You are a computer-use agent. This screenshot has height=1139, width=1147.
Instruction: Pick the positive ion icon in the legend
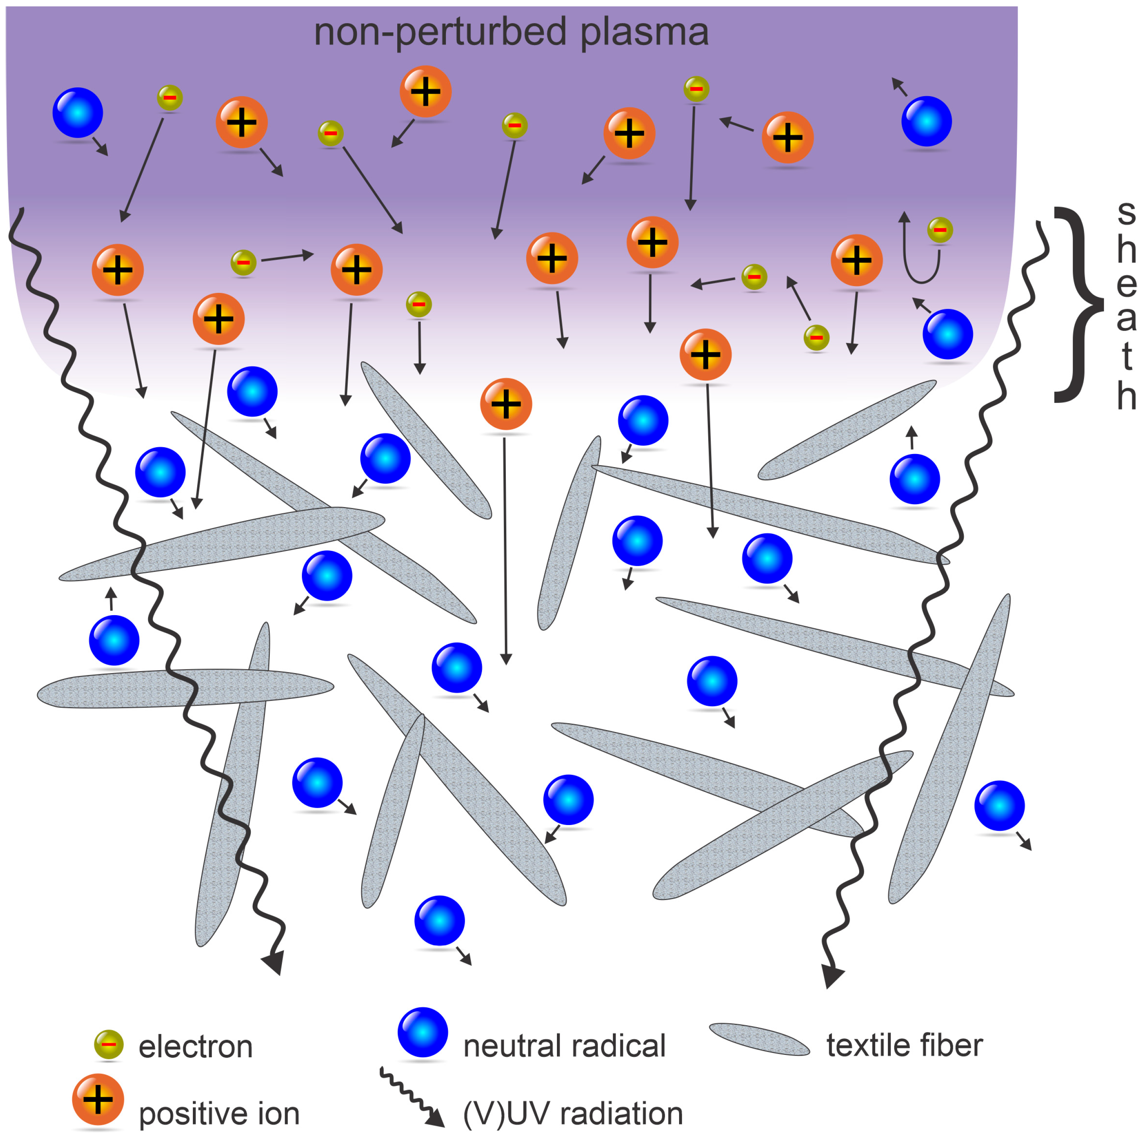(98, 1099)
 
